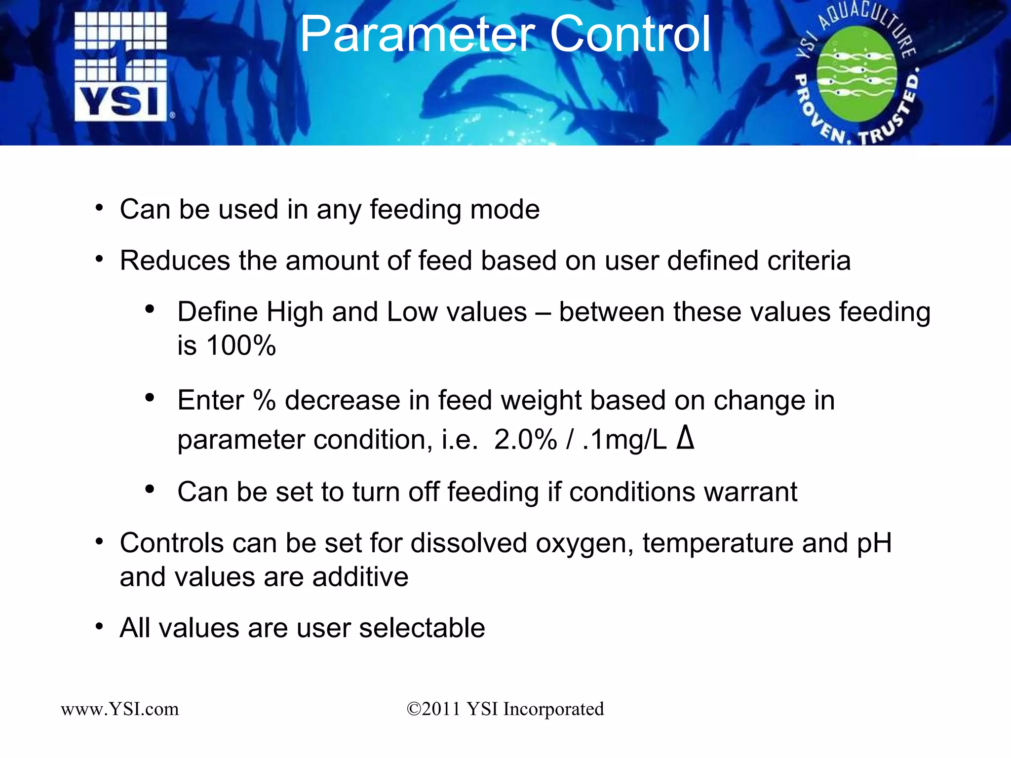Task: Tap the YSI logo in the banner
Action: pyautogui.click(x=121, y=67)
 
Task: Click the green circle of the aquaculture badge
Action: pyautogui.click(x=856, y=74)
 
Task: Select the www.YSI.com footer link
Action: pyautogui.click(x=120, y=709)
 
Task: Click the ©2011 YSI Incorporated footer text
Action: pyautogui.click(x=505, y=709)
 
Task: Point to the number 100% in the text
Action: pyautogui.click(x=241, y=345)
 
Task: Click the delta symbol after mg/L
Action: pyautogui.click(x=685, y=438)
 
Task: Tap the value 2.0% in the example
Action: pyautogui.click(x=525, y=440)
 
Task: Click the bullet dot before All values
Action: pyautogui.click(x=100, y=627)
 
